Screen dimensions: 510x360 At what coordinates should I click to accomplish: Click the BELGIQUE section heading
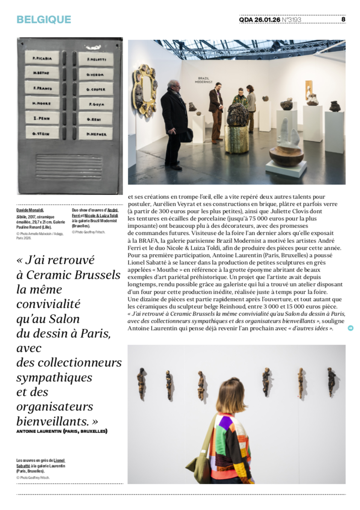point(44,20)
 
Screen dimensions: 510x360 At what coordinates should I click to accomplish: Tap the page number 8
point(343,19)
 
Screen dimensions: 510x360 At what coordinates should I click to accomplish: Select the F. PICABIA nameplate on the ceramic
point(42,58)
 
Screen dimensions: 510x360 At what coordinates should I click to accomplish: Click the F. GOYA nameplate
point(95,103)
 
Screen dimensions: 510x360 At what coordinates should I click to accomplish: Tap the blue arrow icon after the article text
point(351,328)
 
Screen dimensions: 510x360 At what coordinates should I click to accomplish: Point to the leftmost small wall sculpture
point(141,378)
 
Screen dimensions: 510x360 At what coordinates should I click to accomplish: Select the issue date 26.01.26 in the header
point(267,20)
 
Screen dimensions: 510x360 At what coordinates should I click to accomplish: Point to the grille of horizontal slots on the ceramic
point(69,167)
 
